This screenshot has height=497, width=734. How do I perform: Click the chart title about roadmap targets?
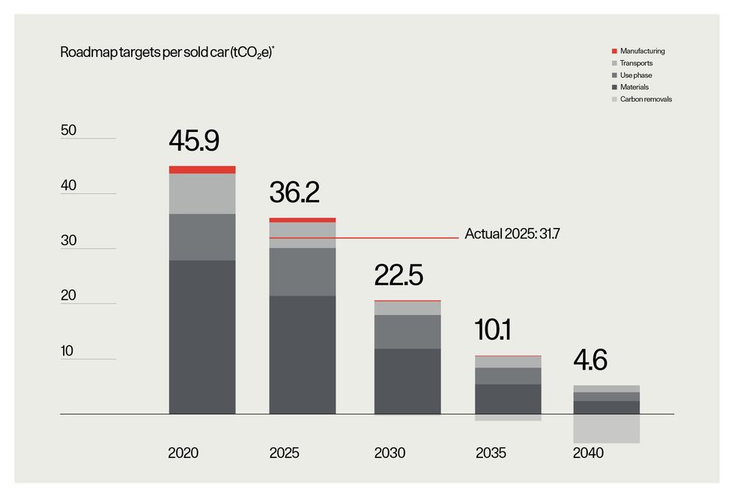167,53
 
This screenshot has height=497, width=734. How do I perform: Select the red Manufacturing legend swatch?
614,51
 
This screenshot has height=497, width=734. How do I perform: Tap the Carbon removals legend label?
646,99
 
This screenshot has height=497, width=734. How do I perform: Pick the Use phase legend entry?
637,75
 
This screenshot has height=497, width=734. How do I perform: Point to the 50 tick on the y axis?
69,130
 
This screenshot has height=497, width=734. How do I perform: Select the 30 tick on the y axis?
69,241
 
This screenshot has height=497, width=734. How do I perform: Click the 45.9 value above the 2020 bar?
194,141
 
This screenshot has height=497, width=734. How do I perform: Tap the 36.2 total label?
294,193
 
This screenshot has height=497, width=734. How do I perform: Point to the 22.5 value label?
398,275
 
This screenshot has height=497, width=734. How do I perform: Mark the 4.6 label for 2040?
590,359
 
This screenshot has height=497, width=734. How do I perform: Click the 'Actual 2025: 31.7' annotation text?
512,234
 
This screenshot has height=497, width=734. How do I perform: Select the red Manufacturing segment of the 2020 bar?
202,169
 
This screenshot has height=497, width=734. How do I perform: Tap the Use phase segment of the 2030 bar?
407,331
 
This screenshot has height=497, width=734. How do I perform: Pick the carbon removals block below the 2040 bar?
607,429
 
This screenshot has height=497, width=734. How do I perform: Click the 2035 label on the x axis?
491,454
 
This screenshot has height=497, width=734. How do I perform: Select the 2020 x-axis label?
183,454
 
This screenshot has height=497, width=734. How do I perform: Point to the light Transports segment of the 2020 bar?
202,193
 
